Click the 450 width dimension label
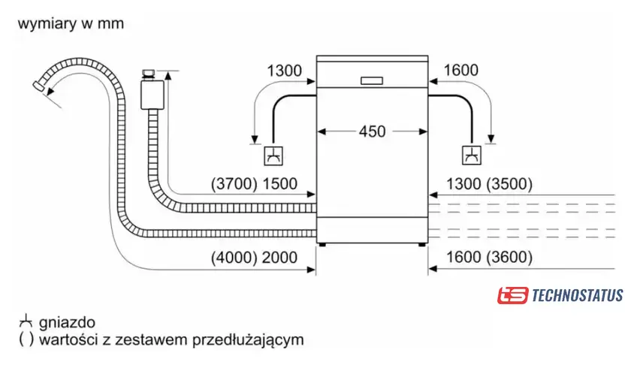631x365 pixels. pyautogui.click(x=372, y=131)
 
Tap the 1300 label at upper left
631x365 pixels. pyautogui.click(x=284, y=71)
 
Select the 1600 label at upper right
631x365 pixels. pyautogui.click(x=460, y=71)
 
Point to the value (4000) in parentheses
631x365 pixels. pyautogui.click(x=234, y=257)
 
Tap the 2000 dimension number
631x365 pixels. pyautogui.click(x=279, y=257)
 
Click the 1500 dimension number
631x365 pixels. pyautogui.click(x=279, y=183)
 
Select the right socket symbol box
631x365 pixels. pyautogui.click(x=472, y=155)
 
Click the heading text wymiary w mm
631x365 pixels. pyautogui.click(x=71, y=24)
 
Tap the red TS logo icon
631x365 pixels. pyautogui.click(x=512, y=295)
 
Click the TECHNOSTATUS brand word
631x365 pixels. pyautogui.click(x=577, y=295)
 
